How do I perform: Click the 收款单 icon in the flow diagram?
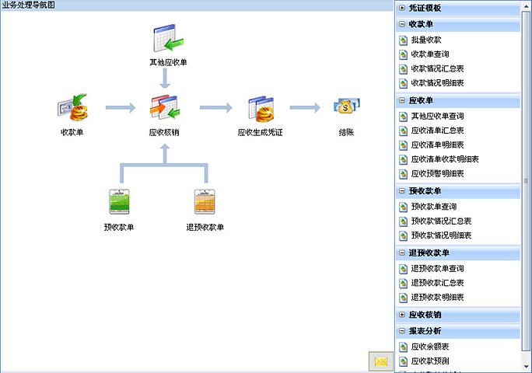(x=72, y=107)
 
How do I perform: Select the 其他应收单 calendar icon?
(x=168, y=39)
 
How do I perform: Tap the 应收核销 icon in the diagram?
(x=165, y=108)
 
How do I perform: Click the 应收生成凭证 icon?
(x=260, y=109)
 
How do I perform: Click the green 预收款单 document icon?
(x=119, y=202)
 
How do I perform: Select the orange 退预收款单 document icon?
(x=205, y=202)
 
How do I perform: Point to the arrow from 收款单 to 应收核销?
(x=120, y=107)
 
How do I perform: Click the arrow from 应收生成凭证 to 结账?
(x=306, y=108)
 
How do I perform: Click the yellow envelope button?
(x=380, y=361)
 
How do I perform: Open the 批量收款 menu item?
(x=426, y=40)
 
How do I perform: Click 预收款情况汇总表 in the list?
(x=441, y=221)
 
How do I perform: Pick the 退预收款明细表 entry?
(x=437, y=297)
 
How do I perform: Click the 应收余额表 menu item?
(x=429, y=347)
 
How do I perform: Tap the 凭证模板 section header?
(x=425, y=8)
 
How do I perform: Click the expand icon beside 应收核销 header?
(x=401, y=315)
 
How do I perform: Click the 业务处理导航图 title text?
(x=28, y=5)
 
